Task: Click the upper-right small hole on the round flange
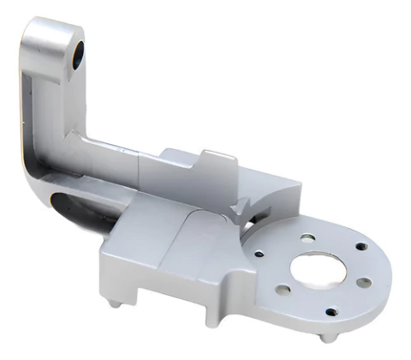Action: click(x=360, y=246)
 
